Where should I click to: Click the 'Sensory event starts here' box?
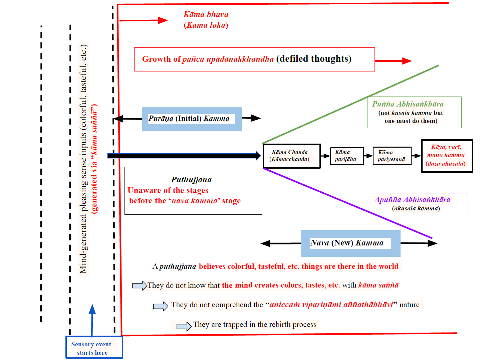(94, 348)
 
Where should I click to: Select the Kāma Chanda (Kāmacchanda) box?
(291, 156)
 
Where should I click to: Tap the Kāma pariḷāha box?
(346, 156)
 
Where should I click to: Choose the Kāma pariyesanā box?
(392, 156)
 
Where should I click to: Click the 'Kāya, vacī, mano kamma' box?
(446, 156)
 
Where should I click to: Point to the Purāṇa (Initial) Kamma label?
(189, 119)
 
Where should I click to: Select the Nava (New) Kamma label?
(347, 243)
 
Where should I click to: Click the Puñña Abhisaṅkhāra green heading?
(408, 104)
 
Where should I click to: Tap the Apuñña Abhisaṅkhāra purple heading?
(412, 200)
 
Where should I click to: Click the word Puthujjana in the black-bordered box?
(191, 180)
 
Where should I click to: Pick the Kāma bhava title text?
(206, 15)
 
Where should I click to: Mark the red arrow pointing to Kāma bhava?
(144, 20)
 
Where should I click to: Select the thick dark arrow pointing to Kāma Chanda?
(184, 156)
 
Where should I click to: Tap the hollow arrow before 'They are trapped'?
(184, 326)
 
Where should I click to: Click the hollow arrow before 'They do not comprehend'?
(161, 306)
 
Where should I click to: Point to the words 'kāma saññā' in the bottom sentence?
(378, 285)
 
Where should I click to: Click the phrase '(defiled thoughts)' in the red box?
(314, 59)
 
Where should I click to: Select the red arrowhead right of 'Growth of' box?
(407, 61)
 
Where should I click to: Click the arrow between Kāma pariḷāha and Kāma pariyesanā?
(368, 156)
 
